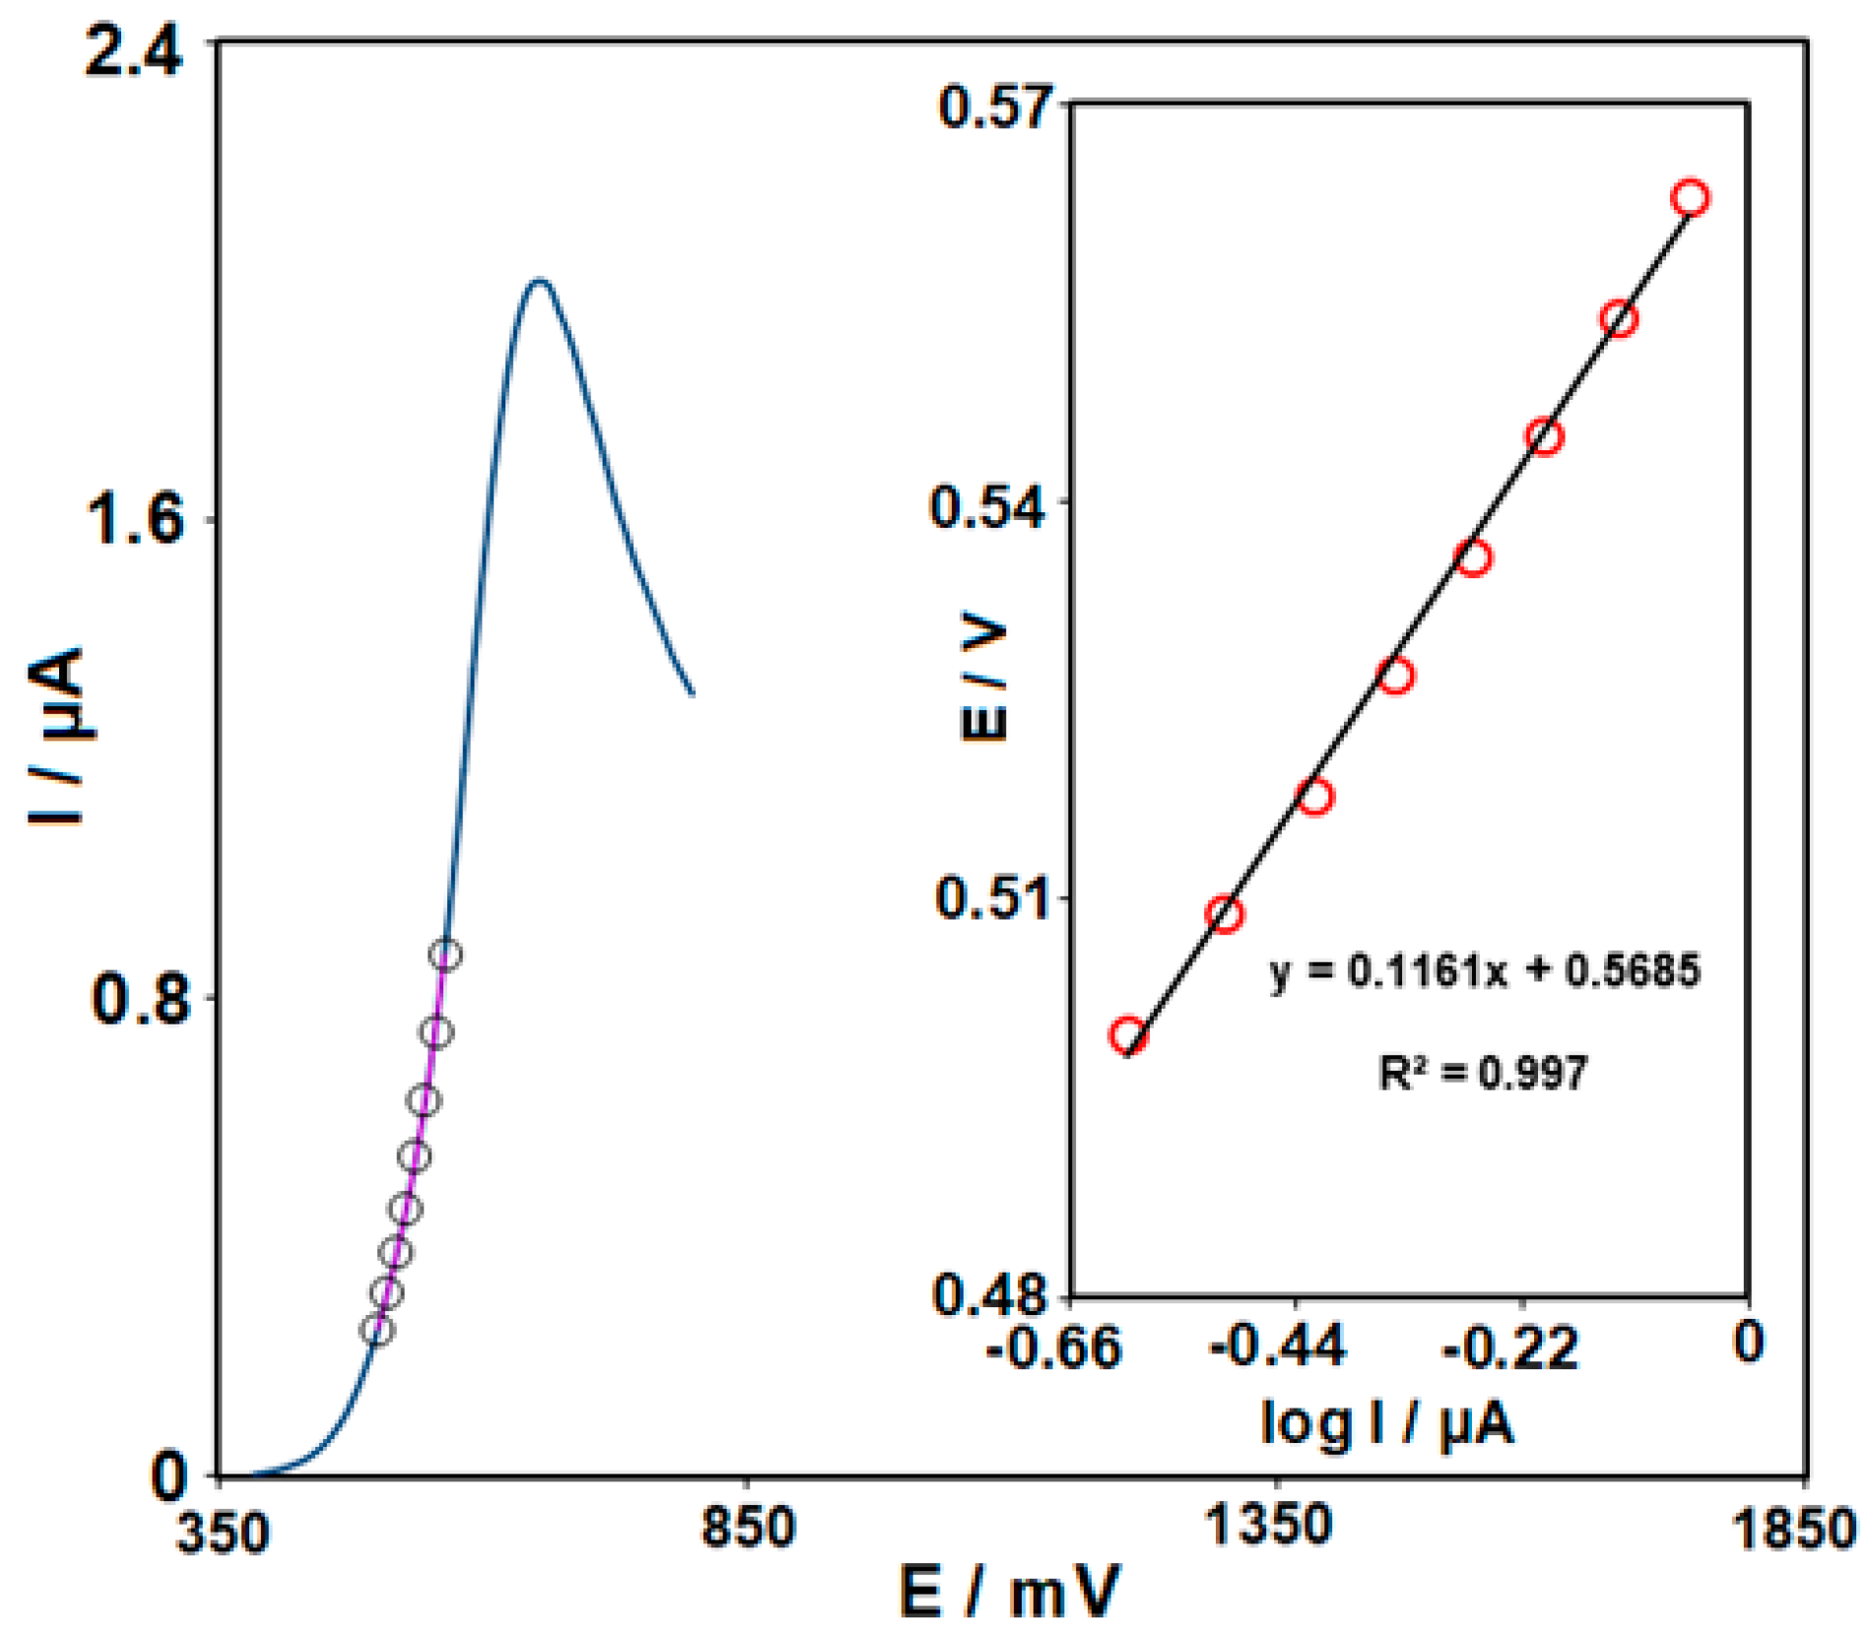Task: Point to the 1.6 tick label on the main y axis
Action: tap(134, 519)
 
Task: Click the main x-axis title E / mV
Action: tap(1009, 1592)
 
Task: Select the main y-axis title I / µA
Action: tap(56, 737)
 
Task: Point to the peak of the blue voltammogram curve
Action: tap(538, 281)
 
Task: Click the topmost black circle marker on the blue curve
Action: tap(445, 953)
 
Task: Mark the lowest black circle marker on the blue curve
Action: tap(376, 1331)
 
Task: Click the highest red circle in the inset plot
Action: tap(1690, 198)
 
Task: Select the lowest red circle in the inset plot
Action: tap(1128, 1035)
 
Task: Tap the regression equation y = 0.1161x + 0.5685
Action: tap(1484, 971)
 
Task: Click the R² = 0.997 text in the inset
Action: tap(1482, 1073)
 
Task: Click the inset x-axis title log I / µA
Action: tap(1387, 1422)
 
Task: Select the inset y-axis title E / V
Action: tap(983, 680)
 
